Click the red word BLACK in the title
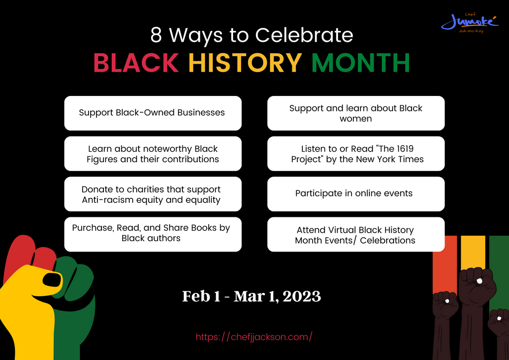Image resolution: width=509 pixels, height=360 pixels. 136,63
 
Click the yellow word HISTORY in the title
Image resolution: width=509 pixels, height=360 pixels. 245,63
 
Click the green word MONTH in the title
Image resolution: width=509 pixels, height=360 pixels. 360,63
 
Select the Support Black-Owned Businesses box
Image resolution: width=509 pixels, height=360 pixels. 153,113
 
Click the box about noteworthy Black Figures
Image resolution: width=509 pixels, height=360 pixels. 153,154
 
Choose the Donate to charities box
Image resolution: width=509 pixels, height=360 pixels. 153,194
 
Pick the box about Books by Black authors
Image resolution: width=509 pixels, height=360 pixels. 153,234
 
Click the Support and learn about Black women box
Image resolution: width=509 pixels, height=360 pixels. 356,113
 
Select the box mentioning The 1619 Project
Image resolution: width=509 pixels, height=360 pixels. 356,154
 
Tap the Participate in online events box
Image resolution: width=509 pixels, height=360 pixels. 356,193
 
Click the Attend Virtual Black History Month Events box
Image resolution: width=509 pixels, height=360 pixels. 356,235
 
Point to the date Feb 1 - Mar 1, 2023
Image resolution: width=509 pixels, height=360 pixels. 252,296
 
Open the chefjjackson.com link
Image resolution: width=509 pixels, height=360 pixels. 254,337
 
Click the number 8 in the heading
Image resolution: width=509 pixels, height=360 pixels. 156,35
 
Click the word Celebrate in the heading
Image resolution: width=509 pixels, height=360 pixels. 304,35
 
